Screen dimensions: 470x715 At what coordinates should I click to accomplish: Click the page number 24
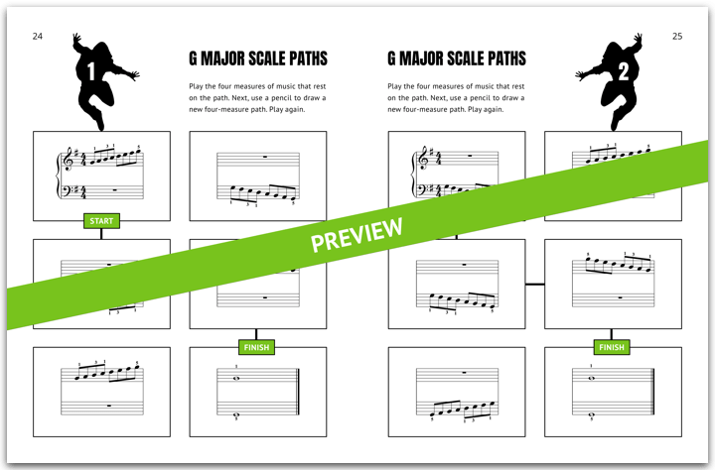coord(37,36)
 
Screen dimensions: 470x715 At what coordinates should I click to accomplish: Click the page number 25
coord(676,36)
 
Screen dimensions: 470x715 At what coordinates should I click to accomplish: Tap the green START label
coord(100,220)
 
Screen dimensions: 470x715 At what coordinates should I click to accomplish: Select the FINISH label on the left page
coord(256,347)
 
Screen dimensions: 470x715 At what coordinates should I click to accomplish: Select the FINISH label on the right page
coord(611,347)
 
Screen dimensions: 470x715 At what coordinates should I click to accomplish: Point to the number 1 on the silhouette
coord(90,72)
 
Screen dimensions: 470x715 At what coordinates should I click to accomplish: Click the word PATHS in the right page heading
coord(500,59)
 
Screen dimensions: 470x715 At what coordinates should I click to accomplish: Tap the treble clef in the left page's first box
coord(68,159)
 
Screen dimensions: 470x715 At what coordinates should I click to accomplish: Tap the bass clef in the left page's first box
coord(68,190)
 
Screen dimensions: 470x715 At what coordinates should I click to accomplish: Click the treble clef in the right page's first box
coord(422,159)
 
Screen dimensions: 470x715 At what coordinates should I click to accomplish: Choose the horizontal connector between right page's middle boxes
coord(535,285)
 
